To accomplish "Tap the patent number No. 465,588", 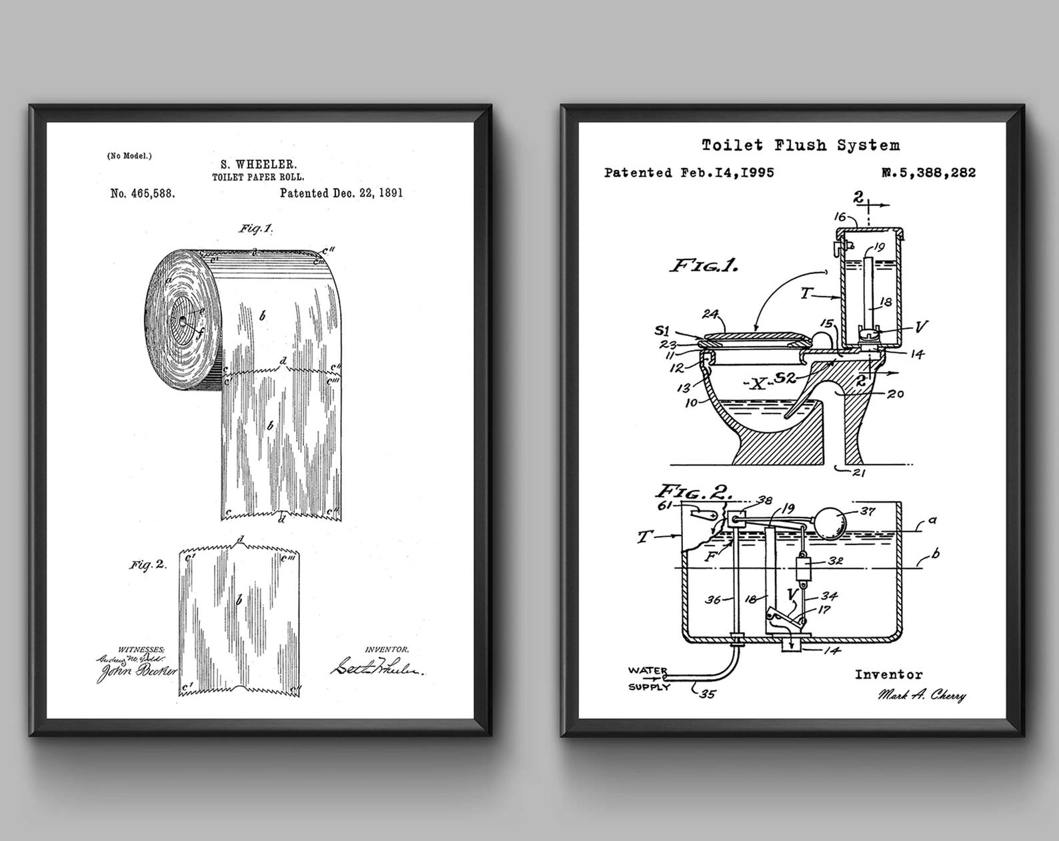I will click(143, 193).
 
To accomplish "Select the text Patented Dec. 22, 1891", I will click(341, 193).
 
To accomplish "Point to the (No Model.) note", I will click(129, 155).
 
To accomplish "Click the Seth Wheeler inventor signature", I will click(377, 666).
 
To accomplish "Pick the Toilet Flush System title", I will click(800, 145).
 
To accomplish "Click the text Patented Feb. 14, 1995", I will click(689, 173).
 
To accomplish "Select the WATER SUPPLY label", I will click(648, 678).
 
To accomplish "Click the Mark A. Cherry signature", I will click(922, 696).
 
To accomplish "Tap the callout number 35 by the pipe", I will click(707, 694).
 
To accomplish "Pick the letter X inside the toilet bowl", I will click(756, 383).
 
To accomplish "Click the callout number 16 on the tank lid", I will click(840, 217).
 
